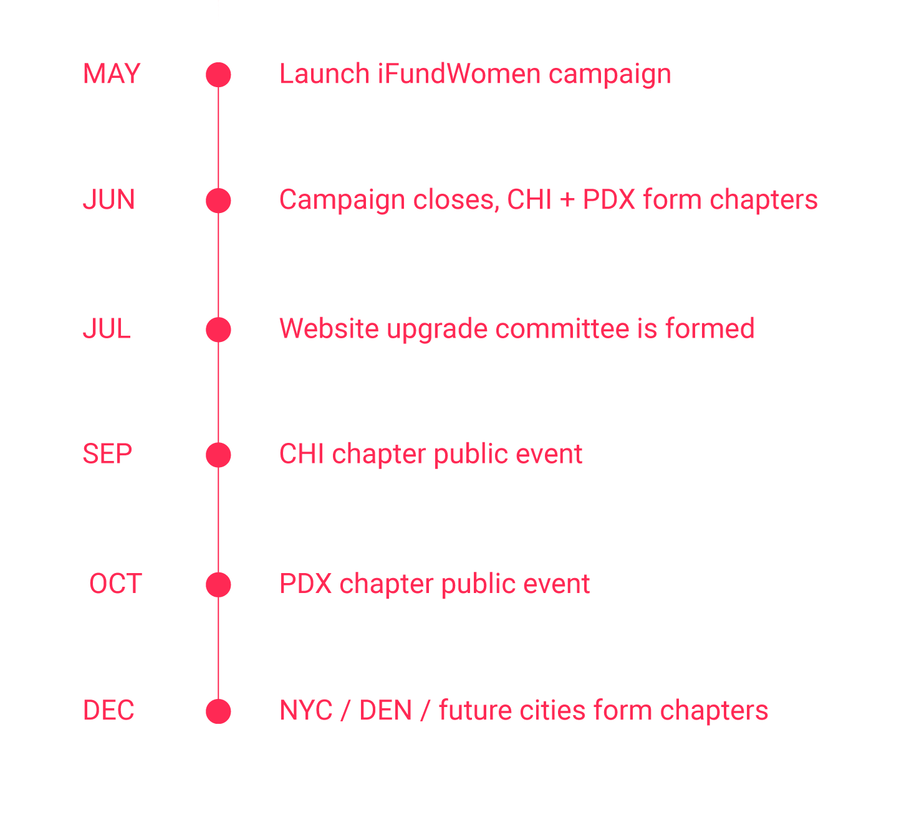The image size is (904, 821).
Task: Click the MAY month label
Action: click(x=112, y=74)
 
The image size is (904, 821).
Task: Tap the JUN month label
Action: click(x=108, y=199)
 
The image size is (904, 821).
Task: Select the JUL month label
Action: click(x=107, y=329)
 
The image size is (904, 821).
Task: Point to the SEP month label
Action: click(x=107, y=453)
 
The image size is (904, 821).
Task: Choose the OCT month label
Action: click(x=116, y=584)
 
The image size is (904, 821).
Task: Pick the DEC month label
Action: click(x=108, y=710)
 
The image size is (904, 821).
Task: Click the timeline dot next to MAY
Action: click(x=218, y=75)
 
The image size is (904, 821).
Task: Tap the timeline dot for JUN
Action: click(x=218, y=201)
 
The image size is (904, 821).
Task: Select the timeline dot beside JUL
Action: click(x=218, y=330)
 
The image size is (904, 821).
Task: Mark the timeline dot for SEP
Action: click(x=218, y=455)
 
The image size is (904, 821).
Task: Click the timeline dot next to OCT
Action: click(x=218, y=584)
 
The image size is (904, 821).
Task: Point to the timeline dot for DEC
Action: click(x=218, y=711)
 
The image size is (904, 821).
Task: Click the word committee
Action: click(x=562, y=328)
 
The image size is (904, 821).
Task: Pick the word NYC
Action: click(x=306, y=710)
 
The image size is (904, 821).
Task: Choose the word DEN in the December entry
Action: click(x=385, y=710)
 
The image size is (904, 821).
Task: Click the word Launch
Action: click(x=324, y=74)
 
